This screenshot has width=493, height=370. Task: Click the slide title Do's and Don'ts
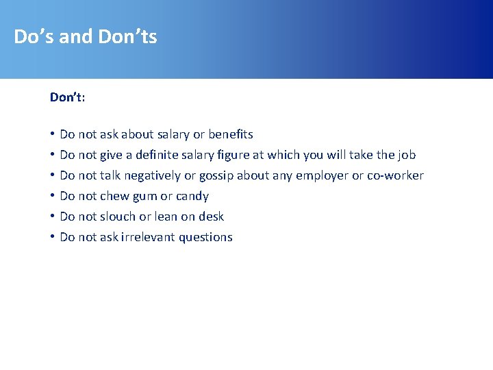coord(86,36)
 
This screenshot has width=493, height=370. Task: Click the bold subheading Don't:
coord(67,97)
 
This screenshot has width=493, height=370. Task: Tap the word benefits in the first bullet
coord(231,134)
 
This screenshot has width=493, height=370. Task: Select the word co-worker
coord(396,175)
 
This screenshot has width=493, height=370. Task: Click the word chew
coord(114,196)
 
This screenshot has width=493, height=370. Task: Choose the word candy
coord(192,196)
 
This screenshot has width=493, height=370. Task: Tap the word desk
coord(211,217)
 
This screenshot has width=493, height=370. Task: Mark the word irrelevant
coord(148,237)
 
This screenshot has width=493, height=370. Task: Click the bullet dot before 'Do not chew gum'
coord(53,196)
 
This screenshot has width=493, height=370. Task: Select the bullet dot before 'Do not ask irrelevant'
coord(53,237)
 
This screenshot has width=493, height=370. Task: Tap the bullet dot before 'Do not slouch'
coord(53,217)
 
